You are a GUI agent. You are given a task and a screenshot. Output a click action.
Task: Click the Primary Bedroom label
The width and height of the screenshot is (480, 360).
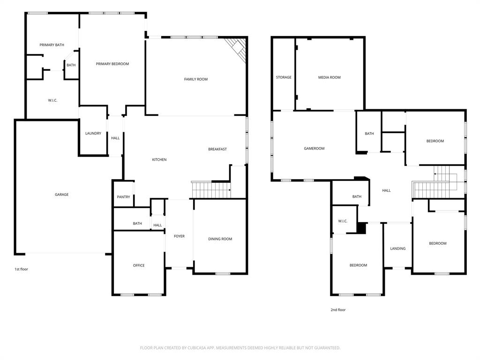coord(112,64)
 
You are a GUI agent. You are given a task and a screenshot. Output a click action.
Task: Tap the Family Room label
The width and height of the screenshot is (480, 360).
coord(195,79)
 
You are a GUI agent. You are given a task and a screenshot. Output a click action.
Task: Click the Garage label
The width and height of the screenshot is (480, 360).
coord(61,195)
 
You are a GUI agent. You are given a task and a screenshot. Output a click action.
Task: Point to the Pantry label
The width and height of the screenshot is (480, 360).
coord(123,197)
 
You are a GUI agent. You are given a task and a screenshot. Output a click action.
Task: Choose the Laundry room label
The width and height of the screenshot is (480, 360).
coord(93,133)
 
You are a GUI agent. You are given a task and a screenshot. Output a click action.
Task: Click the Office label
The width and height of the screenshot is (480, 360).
coord(139,265)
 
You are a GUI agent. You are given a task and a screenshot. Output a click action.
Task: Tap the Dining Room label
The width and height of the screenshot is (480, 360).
coord(220,239)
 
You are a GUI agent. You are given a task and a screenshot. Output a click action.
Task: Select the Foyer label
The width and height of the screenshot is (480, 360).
coord(179,236)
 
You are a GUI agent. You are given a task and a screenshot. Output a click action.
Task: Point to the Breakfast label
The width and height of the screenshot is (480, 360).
coord(217,149)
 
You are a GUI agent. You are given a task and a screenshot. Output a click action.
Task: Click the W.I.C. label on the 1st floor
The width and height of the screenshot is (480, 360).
coord(52,100)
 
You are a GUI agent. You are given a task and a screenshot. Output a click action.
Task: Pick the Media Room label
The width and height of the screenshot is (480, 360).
coord(329,77)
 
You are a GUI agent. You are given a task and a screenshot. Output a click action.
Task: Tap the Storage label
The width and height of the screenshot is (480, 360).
coord(283,77)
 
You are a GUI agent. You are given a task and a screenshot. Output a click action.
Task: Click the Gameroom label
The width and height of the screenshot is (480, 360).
coord(314,149)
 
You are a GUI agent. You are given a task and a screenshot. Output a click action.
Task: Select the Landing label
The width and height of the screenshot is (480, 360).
coord(397,248)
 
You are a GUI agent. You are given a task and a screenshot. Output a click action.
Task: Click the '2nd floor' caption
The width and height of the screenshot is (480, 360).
coord(338,310)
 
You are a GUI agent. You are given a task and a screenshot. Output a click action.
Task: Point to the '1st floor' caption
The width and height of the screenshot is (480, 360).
coord(21,269)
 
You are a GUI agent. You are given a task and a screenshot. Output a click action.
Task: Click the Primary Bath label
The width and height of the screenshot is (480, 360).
coord(52,45)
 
